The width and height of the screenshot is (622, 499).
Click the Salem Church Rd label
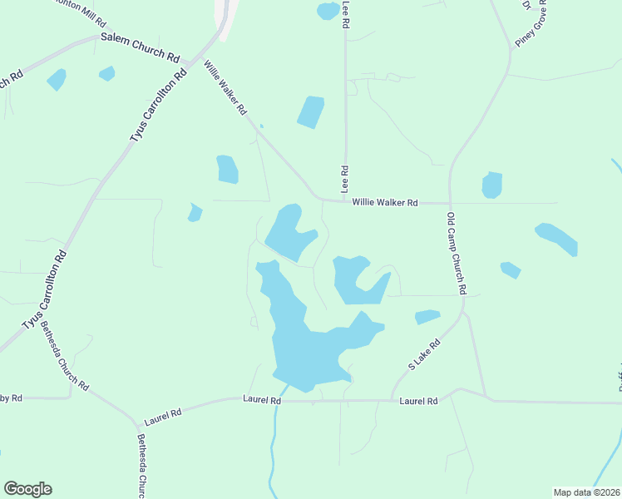pos(141,48)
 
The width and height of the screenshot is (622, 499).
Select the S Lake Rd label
pos(424,355)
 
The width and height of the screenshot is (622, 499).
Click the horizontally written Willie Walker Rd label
pos(384,202)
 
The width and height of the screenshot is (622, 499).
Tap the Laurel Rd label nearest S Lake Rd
pos(418,401)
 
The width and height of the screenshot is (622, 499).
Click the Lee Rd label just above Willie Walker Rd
pos(343,179)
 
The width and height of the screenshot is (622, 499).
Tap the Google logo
pos(28,489)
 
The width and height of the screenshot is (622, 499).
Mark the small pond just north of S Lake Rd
pos(427,317)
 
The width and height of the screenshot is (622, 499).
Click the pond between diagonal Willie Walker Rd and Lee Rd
pos(311,112)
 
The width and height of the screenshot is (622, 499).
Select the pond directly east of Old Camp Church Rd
pos(492,185)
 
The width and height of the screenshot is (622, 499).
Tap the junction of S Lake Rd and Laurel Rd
pos(392,401)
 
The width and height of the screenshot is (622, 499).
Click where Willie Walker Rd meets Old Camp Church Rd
pos(450,202)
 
